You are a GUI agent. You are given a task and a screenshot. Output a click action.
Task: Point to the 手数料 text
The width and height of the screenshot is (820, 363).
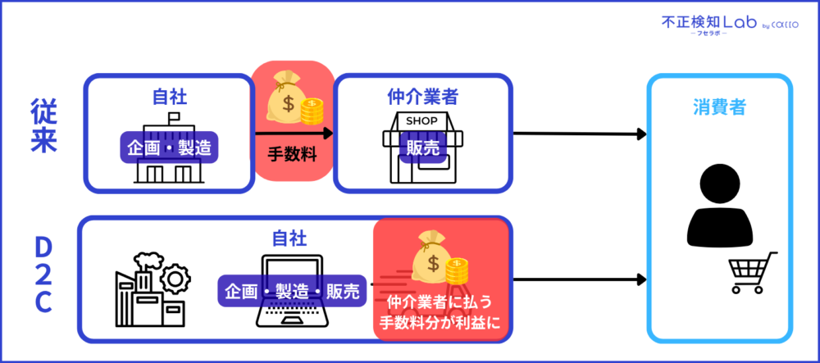point(292,152)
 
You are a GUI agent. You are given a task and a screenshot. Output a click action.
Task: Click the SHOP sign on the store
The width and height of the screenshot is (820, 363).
point(422,121)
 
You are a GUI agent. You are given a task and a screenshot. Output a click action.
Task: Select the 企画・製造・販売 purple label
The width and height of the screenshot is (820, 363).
point(291,291)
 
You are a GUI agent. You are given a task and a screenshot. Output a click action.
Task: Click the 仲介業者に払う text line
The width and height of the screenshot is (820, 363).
point(443,302)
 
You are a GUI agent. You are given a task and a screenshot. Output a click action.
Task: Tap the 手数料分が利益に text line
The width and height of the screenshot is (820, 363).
point(443,321)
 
